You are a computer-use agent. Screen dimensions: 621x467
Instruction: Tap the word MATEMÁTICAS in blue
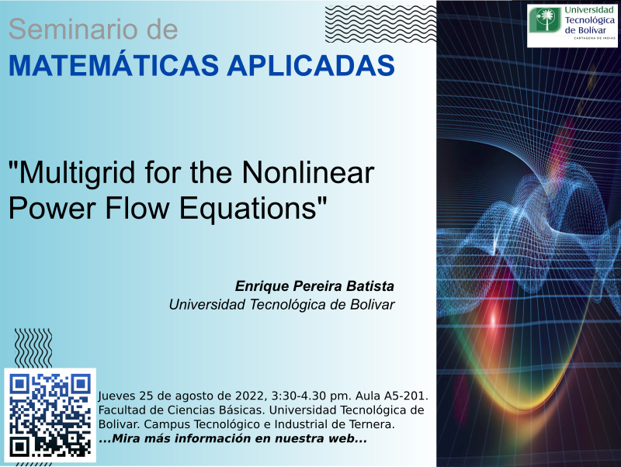[x=113, y=65]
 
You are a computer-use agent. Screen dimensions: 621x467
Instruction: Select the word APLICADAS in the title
[x=311, y=65]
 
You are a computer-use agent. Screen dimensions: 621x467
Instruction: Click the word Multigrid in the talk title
[x=72, y=173]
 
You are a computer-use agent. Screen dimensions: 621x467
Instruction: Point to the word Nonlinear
[x=307, y=172]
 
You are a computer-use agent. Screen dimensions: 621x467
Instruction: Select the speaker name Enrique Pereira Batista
[x=314, y=286]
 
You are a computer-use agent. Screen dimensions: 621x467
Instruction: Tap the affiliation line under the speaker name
[x=282, y=305]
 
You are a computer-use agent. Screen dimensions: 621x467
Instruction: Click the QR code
[x=50, y=415]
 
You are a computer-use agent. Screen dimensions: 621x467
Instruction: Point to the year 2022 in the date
[x=249, y=396]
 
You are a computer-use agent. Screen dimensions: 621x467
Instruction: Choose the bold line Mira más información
[x=232, y=438]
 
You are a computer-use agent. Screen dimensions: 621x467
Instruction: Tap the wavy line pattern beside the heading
[x=380, y=24]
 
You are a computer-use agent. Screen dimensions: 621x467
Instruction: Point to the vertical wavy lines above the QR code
[x=33, y=348]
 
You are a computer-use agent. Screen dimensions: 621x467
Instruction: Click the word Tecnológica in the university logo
[x=589, y=20]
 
